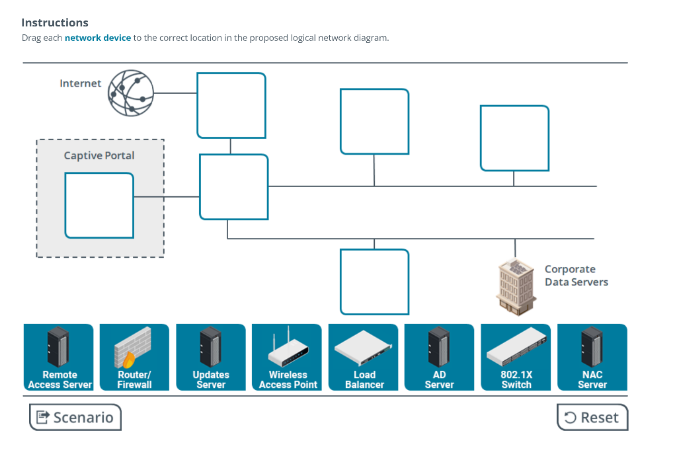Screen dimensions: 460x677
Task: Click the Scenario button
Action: point(75,417)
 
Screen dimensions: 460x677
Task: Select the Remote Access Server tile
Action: point(59,357)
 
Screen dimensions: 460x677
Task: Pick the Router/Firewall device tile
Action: point(134,357)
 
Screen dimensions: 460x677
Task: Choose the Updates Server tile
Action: point(211,357)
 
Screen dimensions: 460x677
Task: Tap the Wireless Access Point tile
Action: point(288,357)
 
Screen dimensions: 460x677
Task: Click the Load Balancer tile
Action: point(364,357)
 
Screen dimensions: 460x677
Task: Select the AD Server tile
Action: point(439,357)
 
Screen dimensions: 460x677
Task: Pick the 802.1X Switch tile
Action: point(516,357)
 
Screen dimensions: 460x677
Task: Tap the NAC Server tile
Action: point(592,357)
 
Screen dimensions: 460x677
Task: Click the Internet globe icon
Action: point(131,93)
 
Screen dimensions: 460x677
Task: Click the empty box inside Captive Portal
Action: point(99,205)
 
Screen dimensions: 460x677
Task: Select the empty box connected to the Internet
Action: point(231,106)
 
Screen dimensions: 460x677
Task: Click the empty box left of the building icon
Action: point(374,282)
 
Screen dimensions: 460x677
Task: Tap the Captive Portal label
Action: point(99,156)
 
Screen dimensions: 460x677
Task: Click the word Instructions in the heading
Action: point(55,23)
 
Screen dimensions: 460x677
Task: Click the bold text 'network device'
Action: point(98,38)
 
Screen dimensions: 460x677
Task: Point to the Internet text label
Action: point(81,84)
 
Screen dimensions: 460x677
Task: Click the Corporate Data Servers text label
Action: point(576,276)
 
